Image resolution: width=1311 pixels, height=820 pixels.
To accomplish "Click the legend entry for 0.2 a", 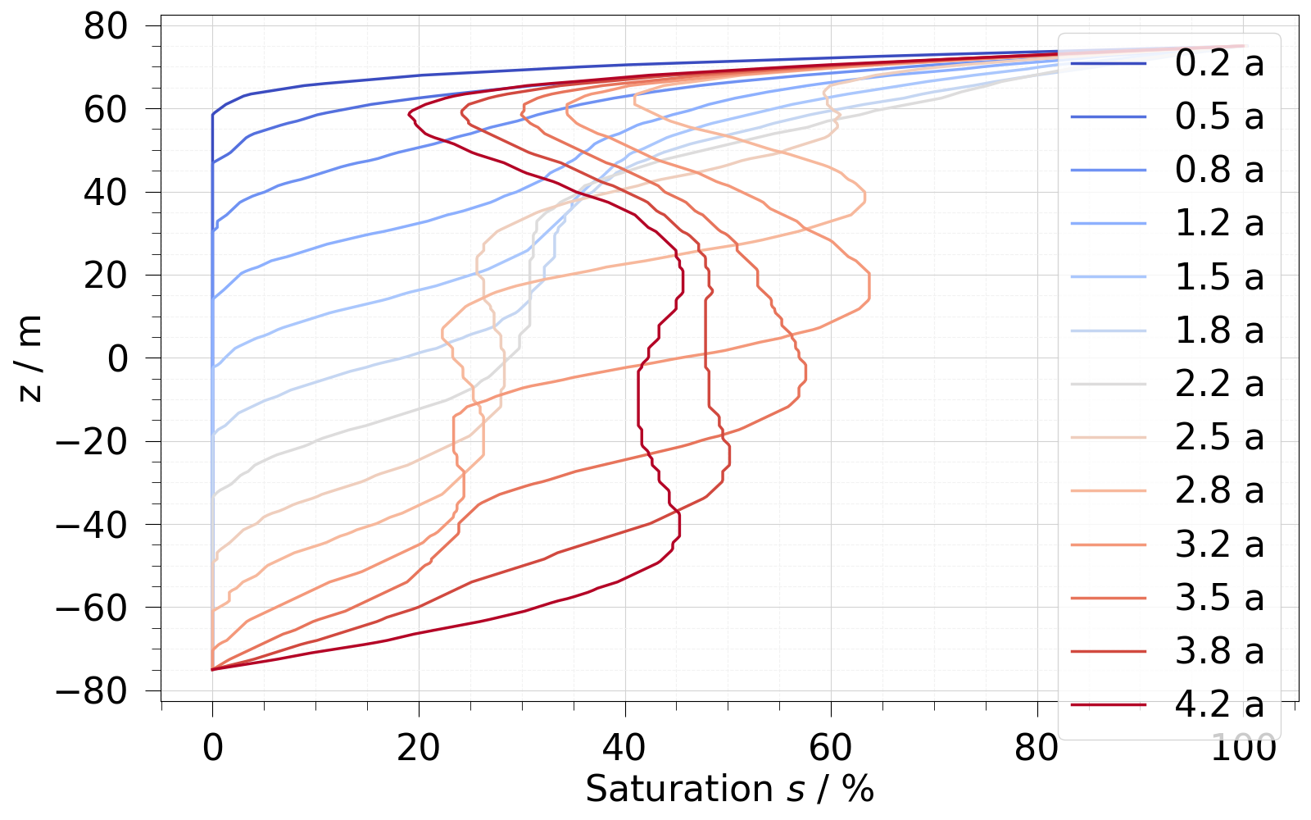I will point(1219,63).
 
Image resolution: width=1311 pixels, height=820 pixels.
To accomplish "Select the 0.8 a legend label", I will point(1219,170).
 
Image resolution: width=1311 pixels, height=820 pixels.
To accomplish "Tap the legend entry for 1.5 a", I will point(1219,277).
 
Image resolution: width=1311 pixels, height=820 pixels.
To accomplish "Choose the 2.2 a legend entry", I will point(1219,384).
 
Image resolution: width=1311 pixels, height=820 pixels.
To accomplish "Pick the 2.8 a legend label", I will point(1219,490).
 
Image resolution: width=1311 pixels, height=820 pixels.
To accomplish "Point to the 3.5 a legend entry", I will point(1219,598).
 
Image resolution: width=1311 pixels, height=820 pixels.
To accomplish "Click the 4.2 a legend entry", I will point(1219,704).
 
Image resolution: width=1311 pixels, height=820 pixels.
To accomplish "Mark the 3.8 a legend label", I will point(1219,651).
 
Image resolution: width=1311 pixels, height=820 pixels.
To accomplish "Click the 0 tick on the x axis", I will point(212,748).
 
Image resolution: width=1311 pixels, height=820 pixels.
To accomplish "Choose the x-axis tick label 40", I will point(625,748).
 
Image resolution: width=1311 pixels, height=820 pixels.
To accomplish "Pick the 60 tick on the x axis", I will point(831,748).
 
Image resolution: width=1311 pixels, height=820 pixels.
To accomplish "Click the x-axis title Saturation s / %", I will point(729,789).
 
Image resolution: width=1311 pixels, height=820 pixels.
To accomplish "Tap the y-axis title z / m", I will point(30,358).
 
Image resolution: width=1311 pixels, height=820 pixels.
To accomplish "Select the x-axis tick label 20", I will point(419,748).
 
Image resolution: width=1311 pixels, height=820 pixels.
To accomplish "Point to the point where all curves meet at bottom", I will point(212,669).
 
